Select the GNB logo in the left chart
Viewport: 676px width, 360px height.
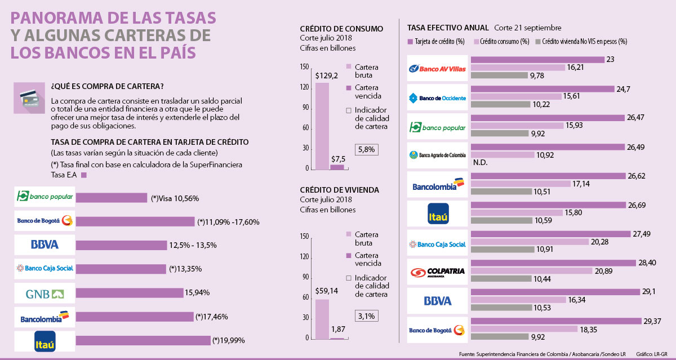[45, 293]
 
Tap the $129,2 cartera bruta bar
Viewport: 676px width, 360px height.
[322, 126]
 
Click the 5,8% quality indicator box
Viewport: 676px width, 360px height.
[366, 149]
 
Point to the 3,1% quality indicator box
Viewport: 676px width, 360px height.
[366, 315]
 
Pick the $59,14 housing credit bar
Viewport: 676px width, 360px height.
[322, 319]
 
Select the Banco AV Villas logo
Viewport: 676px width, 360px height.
[438, 68]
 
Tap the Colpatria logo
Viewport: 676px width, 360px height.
[438, 272]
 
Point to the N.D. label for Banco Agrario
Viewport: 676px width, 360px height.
[480, 163]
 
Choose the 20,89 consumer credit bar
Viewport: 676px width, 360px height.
[531, 271]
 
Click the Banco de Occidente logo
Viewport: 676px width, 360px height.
[438, 97]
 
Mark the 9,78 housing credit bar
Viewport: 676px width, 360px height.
[499, 75]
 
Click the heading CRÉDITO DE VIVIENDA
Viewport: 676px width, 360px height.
[339, 190]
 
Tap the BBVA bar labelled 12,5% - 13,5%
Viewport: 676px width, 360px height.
[121, 245]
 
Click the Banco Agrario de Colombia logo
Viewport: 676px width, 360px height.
[438, 155]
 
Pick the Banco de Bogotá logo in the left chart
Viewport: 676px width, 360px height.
[45, 221]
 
